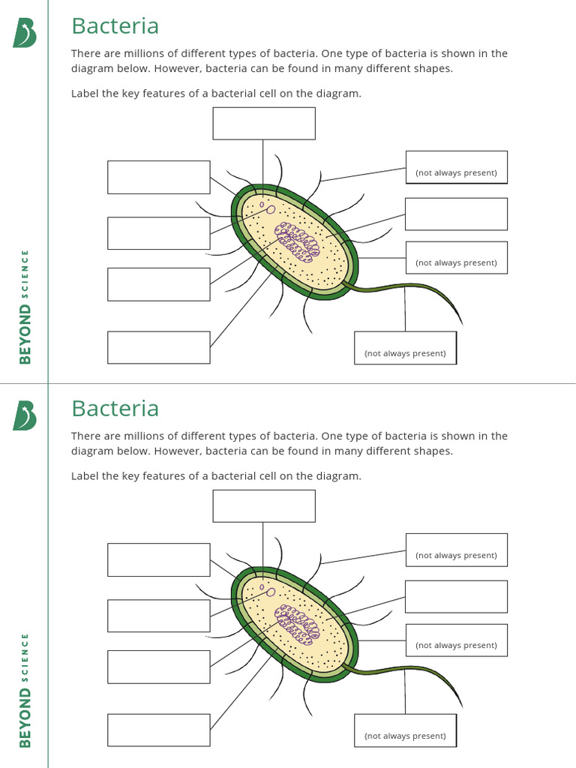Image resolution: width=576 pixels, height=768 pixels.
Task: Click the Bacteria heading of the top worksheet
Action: tap(115, 26)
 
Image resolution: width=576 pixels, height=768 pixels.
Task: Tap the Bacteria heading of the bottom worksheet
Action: tap(115, 409)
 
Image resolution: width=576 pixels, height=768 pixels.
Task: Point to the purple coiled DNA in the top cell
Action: tap(297, 241)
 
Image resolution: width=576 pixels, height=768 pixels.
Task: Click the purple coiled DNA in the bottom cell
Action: tap(297, 624)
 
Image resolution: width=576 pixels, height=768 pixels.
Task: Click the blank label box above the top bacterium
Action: tap(263, 124)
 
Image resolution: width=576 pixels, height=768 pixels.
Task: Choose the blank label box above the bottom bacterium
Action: tap(263, 506)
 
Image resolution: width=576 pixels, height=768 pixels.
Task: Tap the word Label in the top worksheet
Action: tap(85, 94)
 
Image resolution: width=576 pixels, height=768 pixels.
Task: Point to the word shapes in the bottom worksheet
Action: tap(434, 451)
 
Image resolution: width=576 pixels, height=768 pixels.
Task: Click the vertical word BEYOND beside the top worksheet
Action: tap(25, 333)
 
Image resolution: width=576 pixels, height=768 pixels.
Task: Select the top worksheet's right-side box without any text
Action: tap(456, 214)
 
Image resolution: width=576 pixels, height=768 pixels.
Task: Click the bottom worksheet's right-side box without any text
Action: tap(456, 596)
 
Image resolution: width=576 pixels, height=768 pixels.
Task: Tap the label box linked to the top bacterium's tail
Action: tap(405, 348)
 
